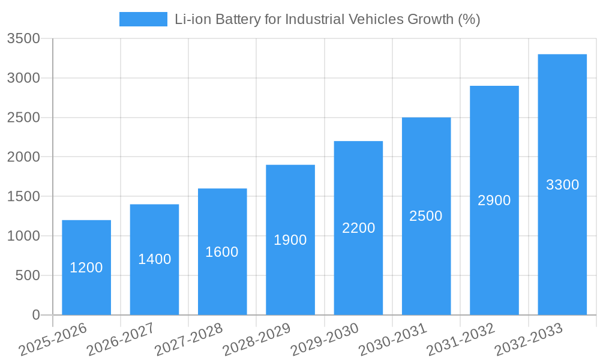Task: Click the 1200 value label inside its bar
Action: point(86,268)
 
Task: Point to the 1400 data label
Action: point(154,259)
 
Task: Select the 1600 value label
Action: point(222,252)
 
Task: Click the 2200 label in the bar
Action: point(358,228)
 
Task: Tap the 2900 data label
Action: point(494,200)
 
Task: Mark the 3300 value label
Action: point(562,185)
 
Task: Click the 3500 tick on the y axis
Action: point(23,39)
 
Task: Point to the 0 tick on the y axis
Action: point(35,315)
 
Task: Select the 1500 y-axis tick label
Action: point(23,197)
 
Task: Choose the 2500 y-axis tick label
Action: point(23,118)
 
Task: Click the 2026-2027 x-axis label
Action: point(121,340)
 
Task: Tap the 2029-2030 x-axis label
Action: point(325,340)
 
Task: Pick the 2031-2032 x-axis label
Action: point(461,340)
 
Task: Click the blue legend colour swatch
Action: point(143,19)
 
